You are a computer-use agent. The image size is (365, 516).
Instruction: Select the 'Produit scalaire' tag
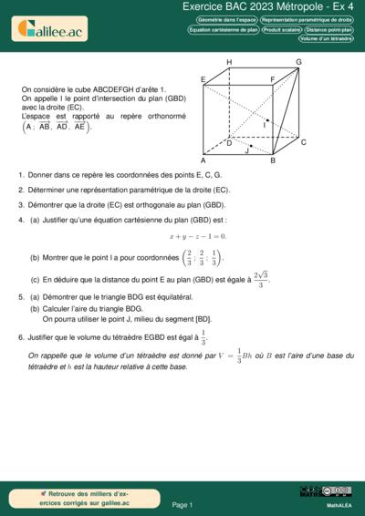[x=282, y=29]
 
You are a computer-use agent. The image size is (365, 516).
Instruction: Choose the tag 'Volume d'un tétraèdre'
[x=325, y=39]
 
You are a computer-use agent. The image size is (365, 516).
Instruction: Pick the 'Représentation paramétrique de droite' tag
[x=307, y=19]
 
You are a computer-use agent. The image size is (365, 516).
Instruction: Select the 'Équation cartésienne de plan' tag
[x=224, y=29]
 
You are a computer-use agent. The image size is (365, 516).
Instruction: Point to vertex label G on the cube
[x=298, y=62]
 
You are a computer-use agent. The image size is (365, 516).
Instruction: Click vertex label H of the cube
[x=229, y=62]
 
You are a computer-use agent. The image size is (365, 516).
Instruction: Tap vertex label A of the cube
[x=203, y=160]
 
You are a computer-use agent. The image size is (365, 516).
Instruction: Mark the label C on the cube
[x=303, y=142]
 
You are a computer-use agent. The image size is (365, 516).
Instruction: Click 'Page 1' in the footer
[x=182, y=504]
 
